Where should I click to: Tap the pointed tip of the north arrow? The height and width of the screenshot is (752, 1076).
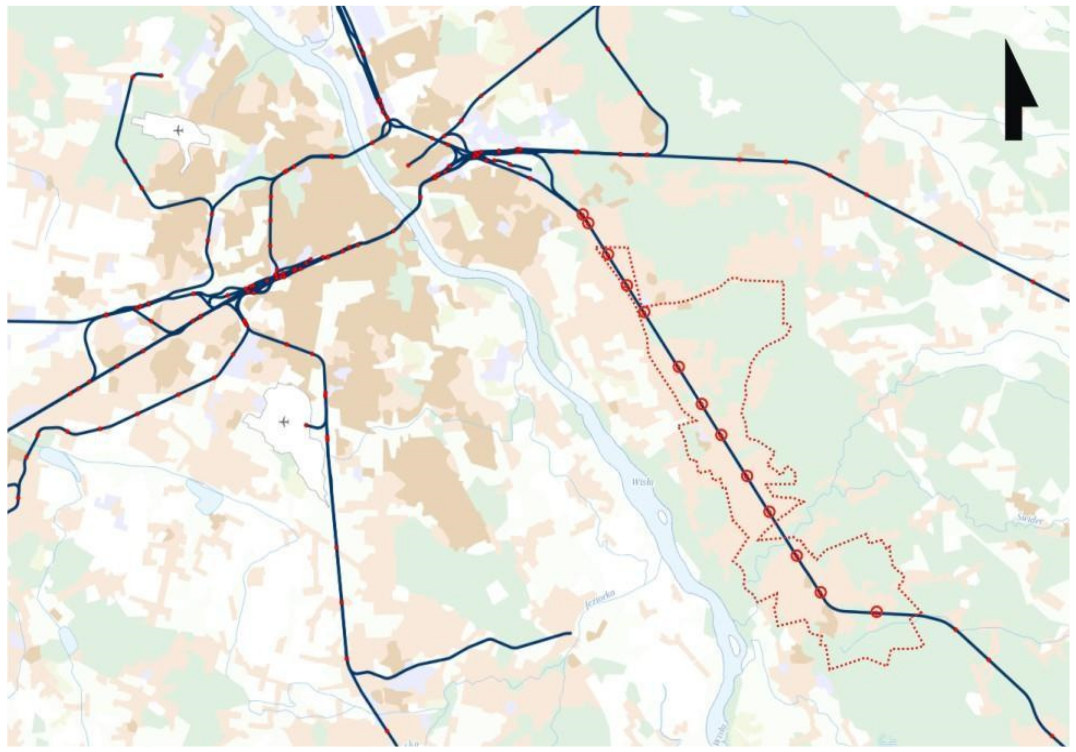pyautogui.click(x=1007, y=41)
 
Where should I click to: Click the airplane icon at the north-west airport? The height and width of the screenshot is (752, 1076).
pyautogui.click(x=178, y=130)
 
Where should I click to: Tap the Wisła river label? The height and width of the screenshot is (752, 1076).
pyautogui.click(x=642, y=482)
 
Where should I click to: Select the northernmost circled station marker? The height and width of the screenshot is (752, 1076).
pyautogui.click(x=582, y=215)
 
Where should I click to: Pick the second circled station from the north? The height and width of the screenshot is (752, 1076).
pyautogui.click(x=589, y=224)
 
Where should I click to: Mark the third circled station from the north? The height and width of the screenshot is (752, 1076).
pyautogui.click(x=608, y=254)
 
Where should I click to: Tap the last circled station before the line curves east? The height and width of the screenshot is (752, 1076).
pyautogui.click(x=820, y=593)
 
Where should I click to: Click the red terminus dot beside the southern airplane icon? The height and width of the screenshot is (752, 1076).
pyautogui.click(x=306, y=425)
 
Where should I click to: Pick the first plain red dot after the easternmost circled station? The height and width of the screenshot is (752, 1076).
pyautogui.click(x=955, y=629)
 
